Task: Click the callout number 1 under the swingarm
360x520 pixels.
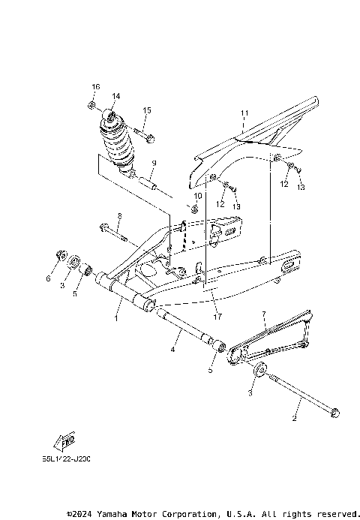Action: pos(116,318)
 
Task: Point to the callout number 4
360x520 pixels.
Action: pos(172,350)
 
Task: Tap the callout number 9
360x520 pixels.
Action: pos(153,163)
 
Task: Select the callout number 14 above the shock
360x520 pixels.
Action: pos(115,96)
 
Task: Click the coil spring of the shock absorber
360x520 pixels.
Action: pos(120,143)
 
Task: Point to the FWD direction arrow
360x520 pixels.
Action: pos(65,440)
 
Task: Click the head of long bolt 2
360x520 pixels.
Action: pos(334,411)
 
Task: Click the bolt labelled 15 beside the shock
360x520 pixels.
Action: pos(147,136)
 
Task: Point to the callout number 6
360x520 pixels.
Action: pos(48,278)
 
